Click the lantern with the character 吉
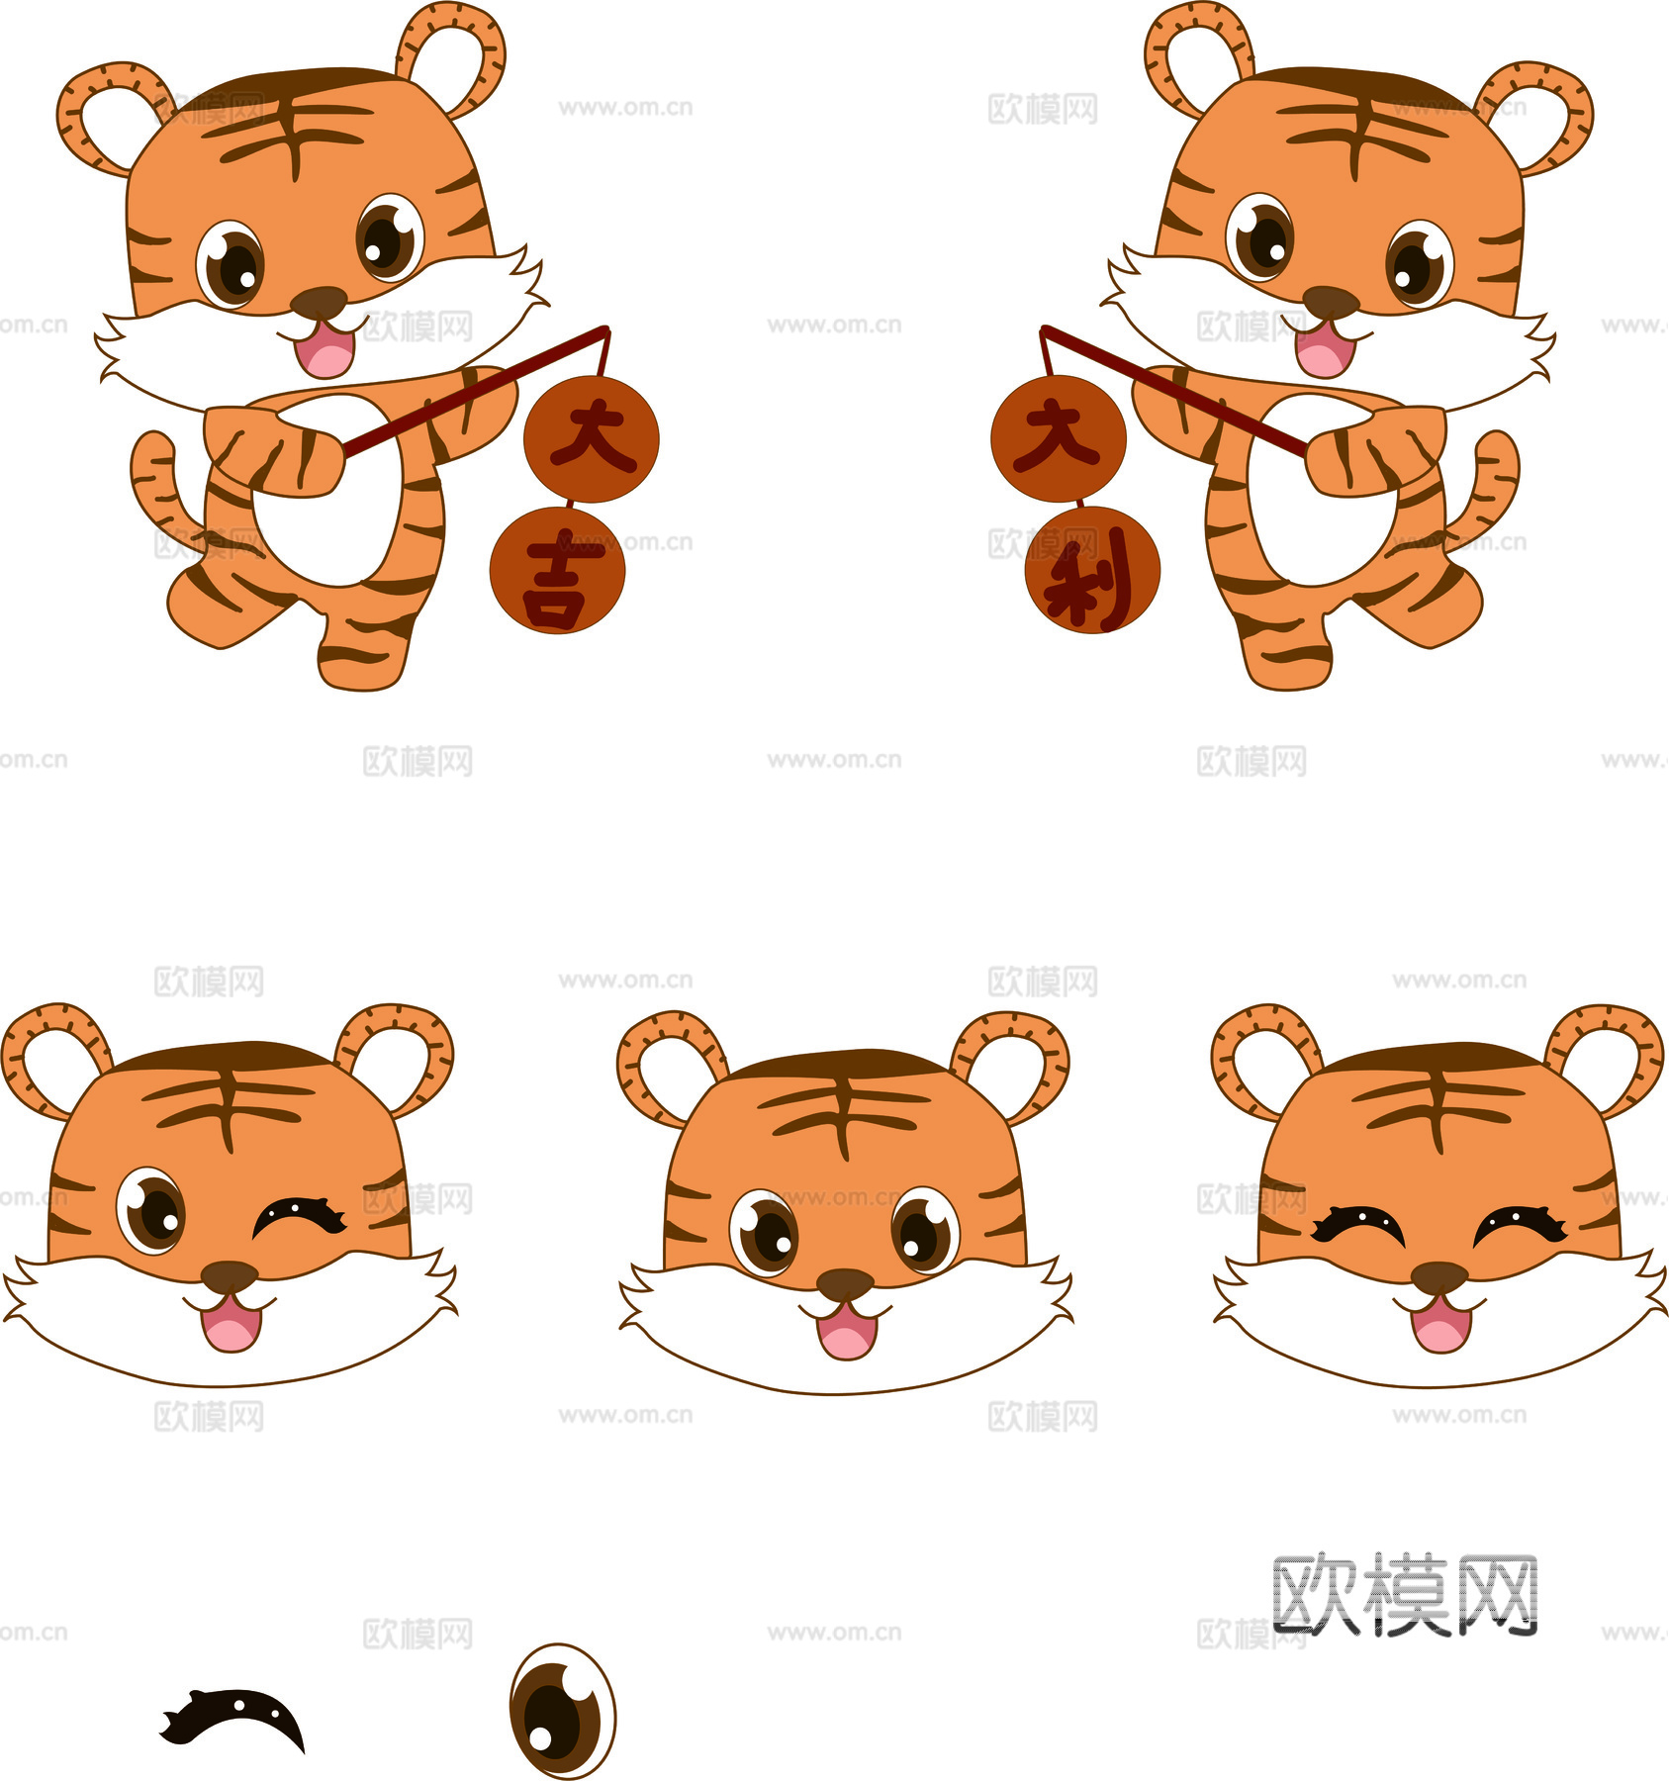pyautogui.click(x=557, y=570)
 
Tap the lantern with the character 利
pyautogui.click(x=1092, y=570)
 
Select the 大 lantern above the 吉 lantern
pyautogui.click(x=591, y=438)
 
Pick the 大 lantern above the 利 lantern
pyautogui.click(x=1059, y=438)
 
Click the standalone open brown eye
pyautogui.click(x=562, y=1711)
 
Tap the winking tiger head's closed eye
pyautogui.click(x=299, y=1217)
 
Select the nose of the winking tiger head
pyautogui.click(x=230, y=1275)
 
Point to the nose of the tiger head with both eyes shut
pyautogui.click(x=1439, y=1276)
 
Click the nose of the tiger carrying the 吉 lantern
pyautogui.click(x=319, y=302)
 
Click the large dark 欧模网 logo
pyautogui.click(x=1405, y=1594)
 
